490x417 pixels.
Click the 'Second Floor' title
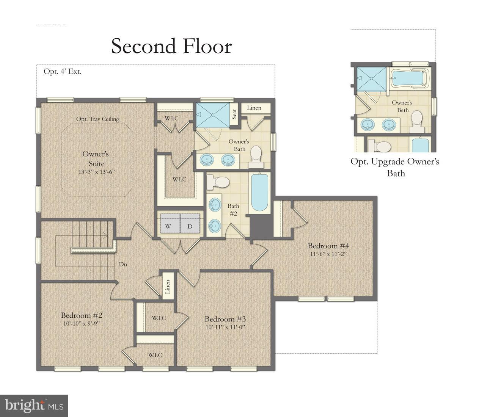pyautogui.click(x=171, y=46)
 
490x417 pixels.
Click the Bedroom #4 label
pyautogui.click(x=328, y=245)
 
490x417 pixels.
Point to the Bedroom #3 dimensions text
pyautogui.click(x=225, y=327)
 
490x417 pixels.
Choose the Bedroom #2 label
pyautogui.click(x=82, y=315)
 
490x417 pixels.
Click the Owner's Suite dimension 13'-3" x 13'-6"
pyautogui.click(x=96, y=172)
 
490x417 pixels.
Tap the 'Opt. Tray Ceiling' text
pyautogui.click(x=97, y=119)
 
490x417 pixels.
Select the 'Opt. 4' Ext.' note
pyautogui.click(x=63, y=71)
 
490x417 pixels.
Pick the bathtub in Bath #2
pyautogui.click(x=259, y=192)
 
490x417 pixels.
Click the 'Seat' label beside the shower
pyautogui.click(x=234, y=114)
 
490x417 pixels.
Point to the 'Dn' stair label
pyautogui.click(x=123, y=264)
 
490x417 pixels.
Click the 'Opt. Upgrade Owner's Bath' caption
pyautogui.click(x=395, y=167)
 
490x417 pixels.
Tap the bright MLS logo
pyautogui.click(x=34, y=406)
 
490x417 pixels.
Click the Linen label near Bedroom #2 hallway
pyautogui.click(x=167, y=287)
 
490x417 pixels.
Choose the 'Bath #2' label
pyautogui.click(x=233, y=210)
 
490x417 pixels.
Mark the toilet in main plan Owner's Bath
pyautogui.click(x=256, y=156)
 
